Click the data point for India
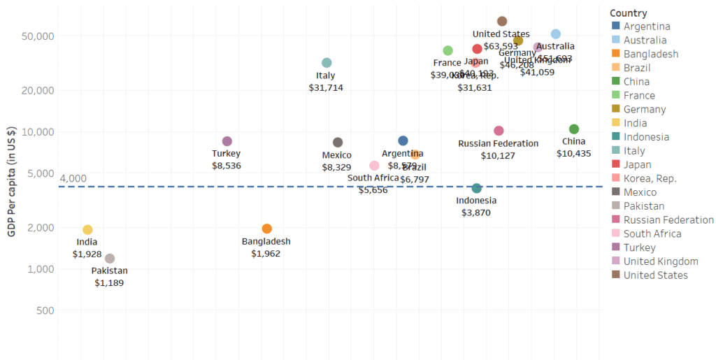tap(87, 230)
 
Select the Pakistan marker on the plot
tap(110, 259)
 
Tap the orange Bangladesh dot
tap(266, 229)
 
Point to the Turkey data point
tap(227, 141)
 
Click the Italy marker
tap(327, 63)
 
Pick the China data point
tap(574, 129)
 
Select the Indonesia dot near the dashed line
tap(477, 188)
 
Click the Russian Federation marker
tap(499, 131)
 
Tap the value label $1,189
tap(109, 283)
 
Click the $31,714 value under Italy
tap(326, 88)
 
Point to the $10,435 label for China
tap(574, 153)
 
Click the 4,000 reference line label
tap(73, 179)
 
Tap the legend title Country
tap(628, 13)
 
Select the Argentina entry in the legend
tap(647, 27)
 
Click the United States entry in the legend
tap(655, 275)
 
